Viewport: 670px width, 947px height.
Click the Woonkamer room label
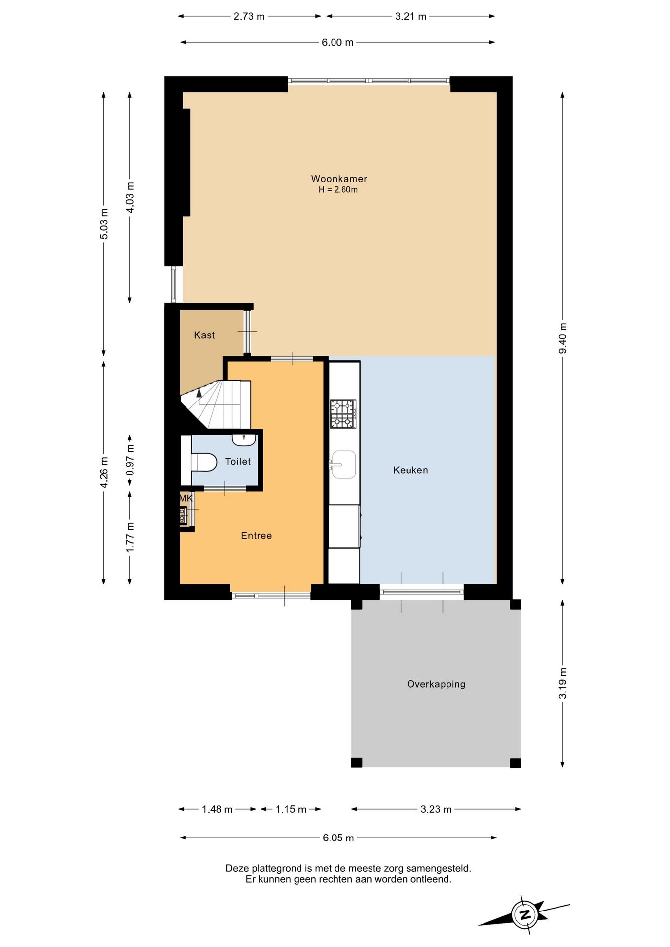(339, 179)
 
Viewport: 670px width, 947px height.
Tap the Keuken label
(410, 470)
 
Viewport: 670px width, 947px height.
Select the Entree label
(256, 536)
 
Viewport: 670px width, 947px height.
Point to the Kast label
(204, 335)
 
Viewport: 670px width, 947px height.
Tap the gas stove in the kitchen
(343, 413)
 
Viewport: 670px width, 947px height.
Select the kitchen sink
(343, 464)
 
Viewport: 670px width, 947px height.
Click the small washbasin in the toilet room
(244, 439)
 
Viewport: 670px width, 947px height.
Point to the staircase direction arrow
(199, 393)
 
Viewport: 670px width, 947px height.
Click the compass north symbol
(524, 915)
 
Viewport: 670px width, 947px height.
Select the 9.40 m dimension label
(563, 338)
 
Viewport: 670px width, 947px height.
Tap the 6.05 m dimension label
(338, 838)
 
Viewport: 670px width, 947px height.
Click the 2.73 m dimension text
(249, 16)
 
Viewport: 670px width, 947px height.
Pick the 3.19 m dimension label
(563, 683)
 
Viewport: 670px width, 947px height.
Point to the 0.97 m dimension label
(130, 460)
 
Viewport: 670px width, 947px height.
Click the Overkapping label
(436, 684)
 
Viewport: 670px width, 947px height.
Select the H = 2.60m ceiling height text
(338, 190)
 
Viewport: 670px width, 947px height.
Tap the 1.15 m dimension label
(291, 809)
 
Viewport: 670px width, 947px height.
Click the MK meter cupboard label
(186, 498)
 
